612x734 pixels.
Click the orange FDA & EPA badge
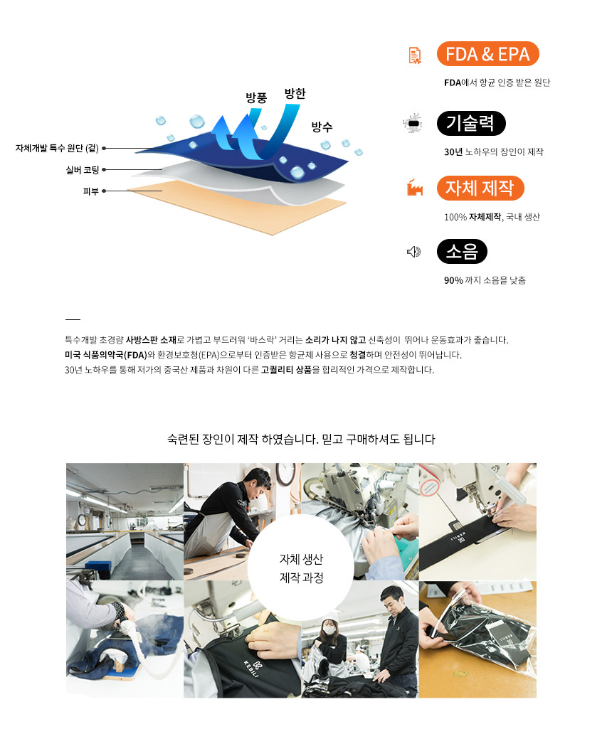[x=487, y=54]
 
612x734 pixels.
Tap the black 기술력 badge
[x=471, y=123]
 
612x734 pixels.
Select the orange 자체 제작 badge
[x=480, y=188]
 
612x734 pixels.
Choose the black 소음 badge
[x=462, y=251]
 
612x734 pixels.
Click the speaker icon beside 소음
[x=413, y=252]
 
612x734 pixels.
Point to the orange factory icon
[x=415, y=187]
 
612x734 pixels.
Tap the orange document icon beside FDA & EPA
[x=415, y=55]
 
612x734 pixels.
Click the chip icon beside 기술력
[x=413, y=122]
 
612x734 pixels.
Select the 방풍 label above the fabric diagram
[x=256, y=97]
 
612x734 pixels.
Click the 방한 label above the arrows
[x=295, y=93]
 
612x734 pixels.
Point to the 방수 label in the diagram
[x=322, y=127]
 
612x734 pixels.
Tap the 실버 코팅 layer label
[x=83, y=169]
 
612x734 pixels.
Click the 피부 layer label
[x=91, y=191]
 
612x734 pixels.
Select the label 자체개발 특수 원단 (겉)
[x=57, y=148]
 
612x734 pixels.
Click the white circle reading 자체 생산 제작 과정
[x=300, y=568]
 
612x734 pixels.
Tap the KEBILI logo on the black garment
[x=253, y=668]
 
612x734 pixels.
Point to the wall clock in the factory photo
[x=285, y=474]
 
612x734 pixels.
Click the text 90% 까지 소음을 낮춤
[x=485, y=280]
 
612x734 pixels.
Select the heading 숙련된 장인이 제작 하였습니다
[x=243, y=439]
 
